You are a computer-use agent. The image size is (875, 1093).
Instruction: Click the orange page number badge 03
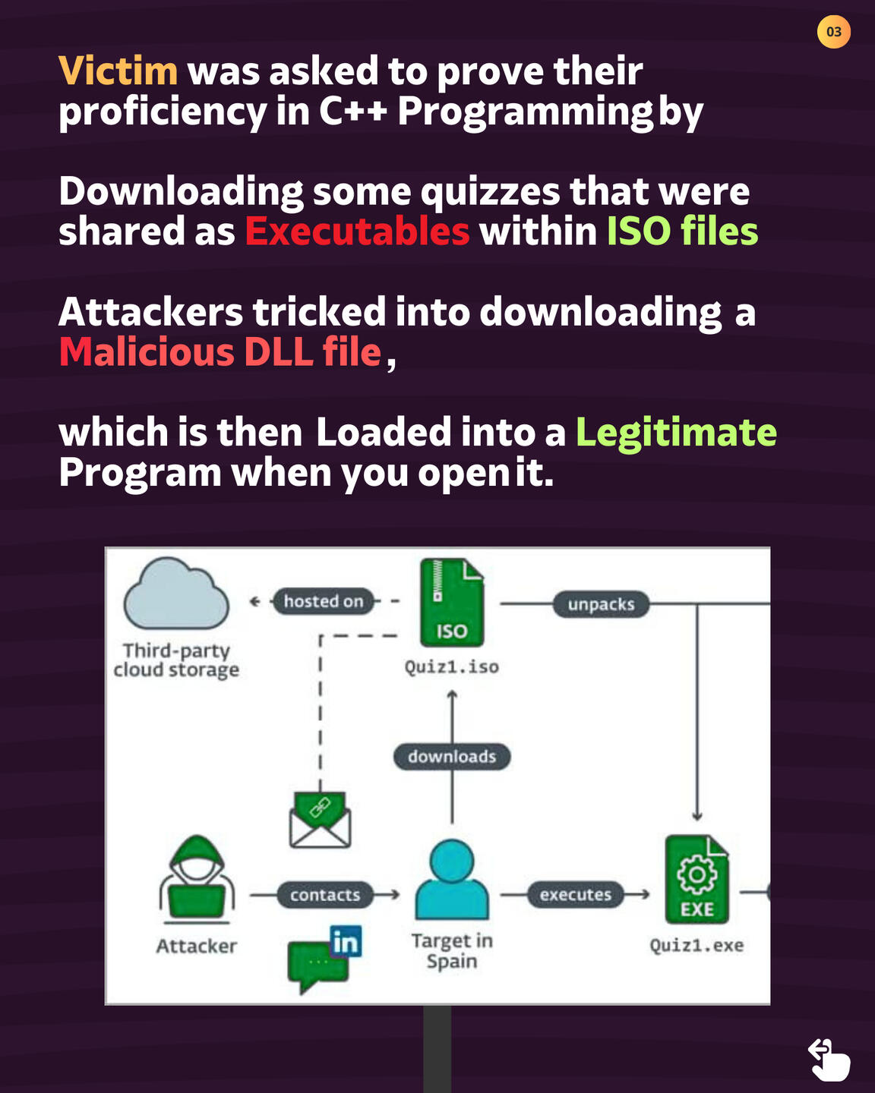pyautogui.click(x=833, y=31)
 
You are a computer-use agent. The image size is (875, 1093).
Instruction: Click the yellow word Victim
pyautogui.click(x=118, y=71)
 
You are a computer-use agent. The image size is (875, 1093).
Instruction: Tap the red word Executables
pyautogui.click(x=358, y=231)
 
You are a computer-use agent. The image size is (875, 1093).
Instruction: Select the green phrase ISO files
pyautogui.click(x=682, y=231)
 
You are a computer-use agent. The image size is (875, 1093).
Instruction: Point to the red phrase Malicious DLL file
pyautogui.click(x=220, y=351)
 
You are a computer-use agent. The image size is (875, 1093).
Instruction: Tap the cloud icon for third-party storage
pyautogui.click(x=176, y=594)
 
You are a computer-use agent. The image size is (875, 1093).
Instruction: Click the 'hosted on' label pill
pyautogui.click(x=324, y=601)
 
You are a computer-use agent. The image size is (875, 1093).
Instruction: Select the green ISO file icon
pyautogui.click(x=451, y=603)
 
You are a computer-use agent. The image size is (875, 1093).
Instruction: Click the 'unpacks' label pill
pyautogui.click(x=601, y=604)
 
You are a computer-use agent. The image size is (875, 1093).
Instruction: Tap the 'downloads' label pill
pyautogui.click(x=452, y=757)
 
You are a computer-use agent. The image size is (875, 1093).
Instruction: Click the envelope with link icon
pyautogui.click(x=320, y=820)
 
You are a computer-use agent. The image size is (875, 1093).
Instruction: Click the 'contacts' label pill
pyautogui.click(x=325, y=895)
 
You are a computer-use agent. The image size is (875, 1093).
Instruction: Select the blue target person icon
pyautogui.click(x=452, y=879)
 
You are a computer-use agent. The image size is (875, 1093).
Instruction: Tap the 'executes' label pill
pyautogui.click(x=575, y=894)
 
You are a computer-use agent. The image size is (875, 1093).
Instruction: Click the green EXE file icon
pyautogui.click(x=697, y=879)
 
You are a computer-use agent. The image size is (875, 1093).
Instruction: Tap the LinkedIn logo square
pyautogui.click(x=346, y=941)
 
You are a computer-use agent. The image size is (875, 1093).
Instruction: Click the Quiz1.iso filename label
pyautogui.click(x=451, y=667)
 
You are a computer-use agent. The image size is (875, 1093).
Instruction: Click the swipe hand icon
pyautogui.click(x=829, y=1060)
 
